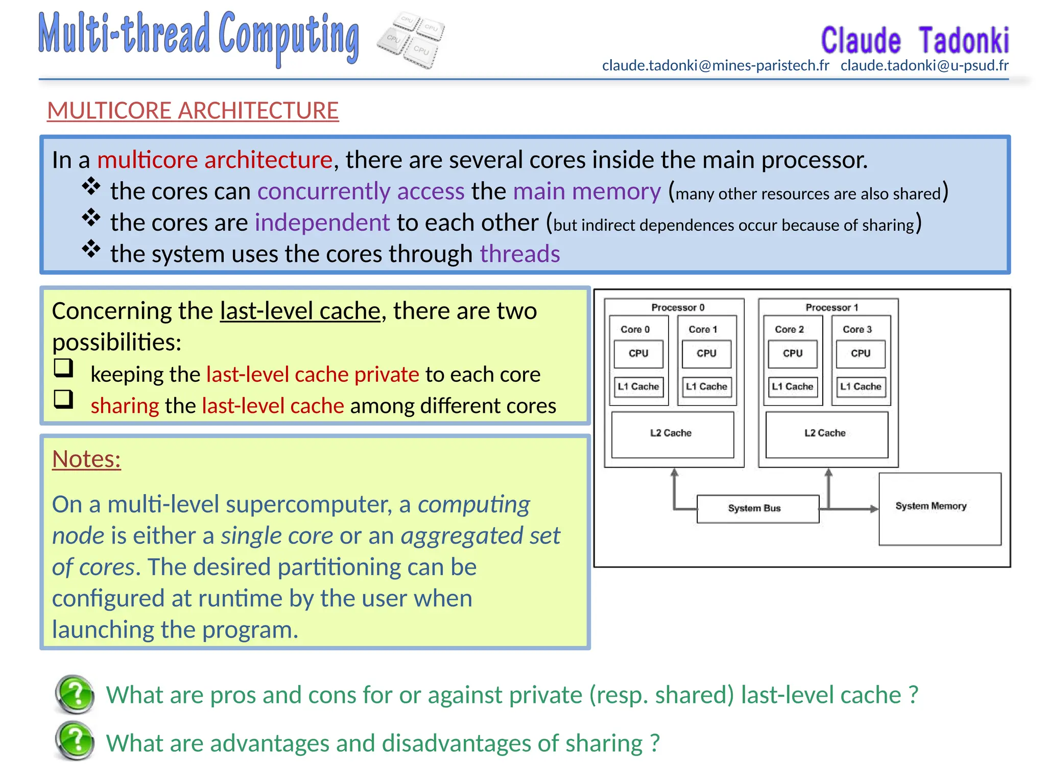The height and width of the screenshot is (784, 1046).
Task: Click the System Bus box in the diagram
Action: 757,508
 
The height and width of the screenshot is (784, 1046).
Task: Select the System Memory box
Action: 939,509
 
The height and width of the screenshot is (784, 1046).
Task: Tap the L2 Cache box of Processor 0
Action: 672,434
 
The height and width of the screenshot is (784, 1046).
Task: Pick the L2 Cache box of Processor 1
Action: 826,434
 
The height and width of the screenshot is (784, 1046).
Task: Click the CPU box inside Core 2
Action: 793,354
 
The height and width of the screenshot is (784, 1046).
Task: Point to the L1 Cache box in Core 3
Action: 861,387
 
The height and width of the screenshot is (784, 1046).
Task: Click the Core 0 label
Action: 635,330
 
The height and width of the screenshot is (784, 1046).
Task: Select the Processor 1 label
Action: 831,308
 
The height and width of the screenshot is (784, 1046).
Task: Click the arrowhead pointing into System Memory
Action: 874,509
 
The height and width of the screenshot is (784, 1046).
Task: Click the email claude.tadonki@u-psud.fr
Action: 924,66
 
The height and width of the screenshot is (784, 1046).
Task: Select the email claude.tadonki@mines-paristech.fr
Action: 715,66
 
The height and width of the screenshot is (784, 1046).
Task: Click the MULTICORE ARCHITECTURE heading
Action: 193,111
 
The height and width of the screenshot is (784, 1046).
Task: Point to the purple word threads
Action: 519,254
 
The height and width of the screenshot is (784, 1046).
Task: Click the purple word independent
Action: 322,223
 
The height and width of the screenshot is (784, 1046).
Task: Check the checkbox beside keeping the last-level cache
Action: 64,367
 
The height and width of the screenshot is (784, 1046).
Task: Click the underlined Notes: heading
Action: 86,459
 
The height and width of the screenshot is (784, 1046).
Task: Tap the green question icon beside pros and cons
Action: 75,694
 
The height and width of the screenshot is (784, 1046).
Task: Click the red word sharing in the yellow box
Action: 125,406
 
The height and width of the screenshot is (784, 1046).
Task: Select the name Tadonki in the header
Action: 963,41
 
